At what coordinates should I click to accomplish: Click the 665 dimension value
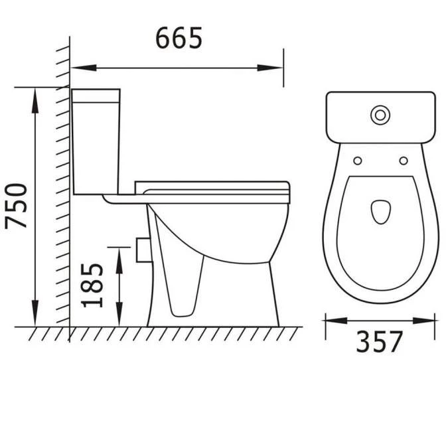[x=178, y=38]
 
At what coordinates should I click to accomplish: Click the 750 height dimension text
[x=17, y=206]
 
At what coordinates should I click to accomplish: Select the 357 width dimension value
[x=379, y=342]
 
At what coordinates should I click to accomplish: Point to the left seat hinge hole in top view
[x=357, y=160]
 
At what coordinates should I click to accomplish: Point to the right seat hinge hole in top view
[x=403, y=160]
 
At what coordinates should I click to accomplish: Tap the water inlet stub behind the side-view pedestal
[x=140, y=248]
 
